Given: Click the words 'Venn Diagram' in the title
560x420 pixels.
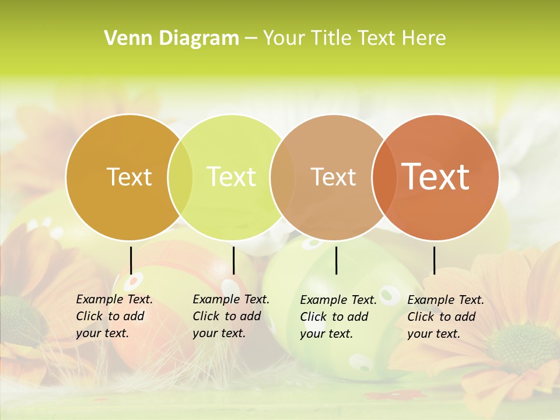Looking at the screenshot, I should point(171,38).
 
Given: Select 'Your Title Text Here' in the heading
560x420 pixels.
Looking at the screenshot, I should point(354,38).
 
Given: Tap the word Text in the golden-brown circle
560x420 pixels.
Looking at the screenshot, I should point(129,177).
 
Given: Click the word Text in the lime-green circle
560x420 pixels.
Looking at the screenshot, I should point(231,177).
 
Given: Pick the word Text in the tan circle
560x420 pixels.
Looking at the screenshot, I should point(333,177).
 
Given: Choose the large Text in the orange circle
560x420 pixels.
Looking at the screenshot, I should point(435,176).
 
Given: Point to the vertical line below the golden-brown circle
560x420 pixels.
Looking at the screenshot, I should point(131,260).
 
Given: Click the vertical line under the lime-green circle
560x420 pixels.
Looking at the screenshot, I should point(233,260).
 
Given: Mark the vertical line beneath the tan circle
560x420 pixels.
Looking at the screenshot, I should point(336,260).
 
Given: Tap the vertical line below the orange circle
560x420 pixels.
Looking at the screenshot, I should point(434,260).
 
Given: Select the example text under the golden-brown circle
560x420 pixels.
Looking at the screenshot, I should point(114,316).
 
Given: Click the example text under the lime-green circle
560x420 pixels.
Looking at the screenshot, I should point(231,316).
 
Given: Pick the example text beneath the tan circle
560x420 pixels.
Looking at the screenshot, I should point(338,317).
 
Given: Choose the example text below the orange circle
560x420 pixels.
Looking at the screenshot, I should point(446,317).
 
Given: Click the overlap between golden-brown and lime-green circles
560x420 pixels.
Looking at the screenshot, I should point(180,177).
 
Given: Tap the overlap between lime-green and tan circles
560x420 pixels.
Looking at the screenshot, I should point(282,177).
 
